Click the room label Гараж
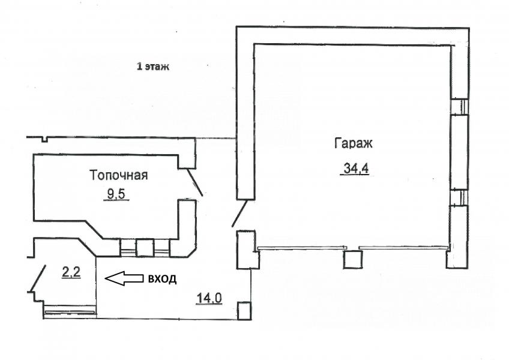tap(353, 143)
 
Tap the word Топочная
tap(118, 175)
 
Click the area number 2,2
tap(71, 272)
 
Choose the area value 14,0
tap(209, 298)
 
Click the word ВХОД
tap(162, 279)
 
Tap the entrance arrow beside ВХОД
tap(124, 278)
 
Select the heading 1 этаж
tap(153, 67)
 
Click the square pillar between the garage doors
tap(353, 259)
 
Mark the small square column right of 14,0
tap(244, 311)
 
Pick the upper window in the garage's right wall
tap(459, 106)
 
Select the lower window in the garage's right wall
tap(459, 197)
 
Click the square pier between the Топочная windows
tap(145, 248)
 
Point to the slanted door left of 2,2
tap(38, 278)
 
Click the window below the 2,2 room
tap(70, 312)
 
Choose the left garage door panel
tap(302, 248)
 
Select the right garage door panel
tap(403, 248)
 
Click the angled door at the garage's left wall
tap(239, 213)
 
